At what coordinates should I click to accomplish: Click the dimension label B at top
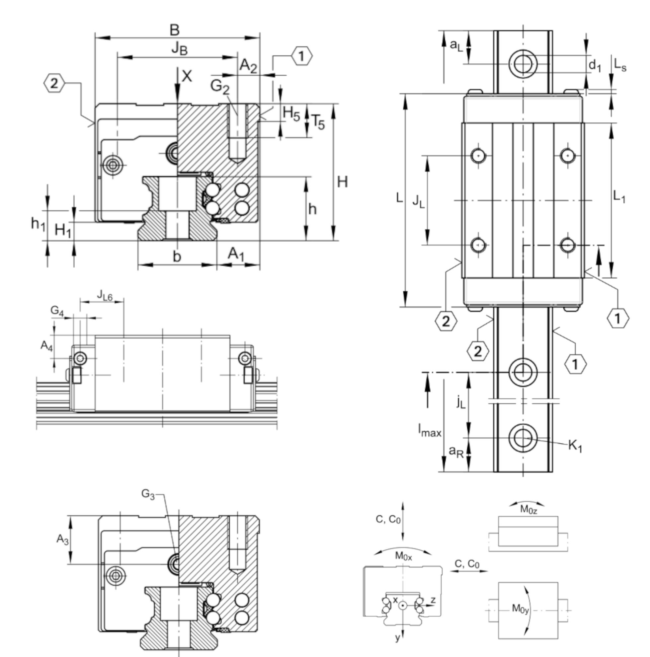[175, 30]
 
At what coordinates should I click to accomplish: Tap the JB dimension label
[179, 48]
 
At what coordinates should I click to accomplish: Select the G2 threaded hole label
[220, 86]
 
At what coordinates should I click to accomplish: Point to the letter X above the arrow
[186, 76]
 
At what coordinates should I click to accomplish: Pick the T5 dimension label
[318, 121]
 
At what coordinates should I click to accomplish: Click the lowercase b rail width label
[177, 257]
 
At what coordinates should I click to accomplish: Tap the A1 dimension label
[236, 254]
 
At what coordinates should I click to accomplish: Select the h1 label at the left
[38, 224]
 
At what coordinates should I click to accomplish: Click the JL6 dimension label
[105, 295]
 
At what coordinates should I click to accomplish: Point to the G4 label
[57, 311]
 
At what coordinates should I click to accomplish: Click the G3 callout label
[148, 494]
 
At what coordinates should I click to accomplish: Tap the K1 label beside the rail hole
[575, 446]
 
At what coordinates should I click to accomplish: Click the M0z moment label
[528, 519]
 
